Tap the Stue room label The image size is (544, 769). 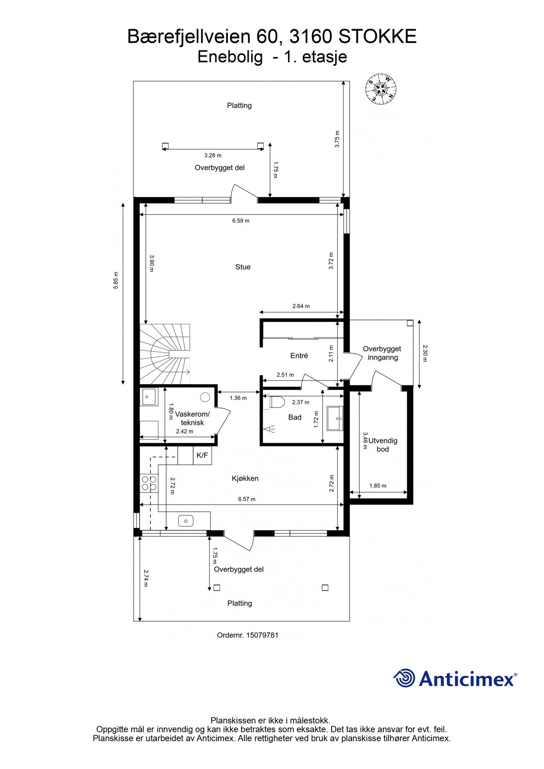[243, 267]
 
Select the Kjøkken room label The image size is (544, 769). [245, 478]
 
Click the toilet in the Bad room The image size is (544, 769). [277, 402]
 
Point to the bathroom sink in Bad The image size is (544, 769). [335, 418]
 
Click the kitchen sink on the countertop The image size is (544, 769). [185, 521]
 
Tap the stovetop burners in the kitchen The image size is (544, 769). [149, 483]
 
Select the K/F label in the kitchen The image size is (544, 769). [202, 455]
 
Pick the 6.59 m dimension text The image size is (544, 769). [241, 221]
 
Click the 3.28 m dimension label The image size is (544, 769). [213, 156]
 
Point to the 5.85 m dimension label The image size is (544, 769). [116, 280]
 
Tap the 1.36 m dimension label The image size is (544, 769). [238, 398]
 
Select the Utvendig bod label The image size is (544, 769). [383, 445]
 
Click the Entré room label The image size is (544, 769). [299, 355]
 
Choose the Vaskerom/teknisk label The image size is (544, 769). [192, 419]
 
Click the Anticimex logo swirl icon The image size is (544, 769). [404, 678]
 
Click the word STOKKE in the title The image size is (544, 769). [377, 37]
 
